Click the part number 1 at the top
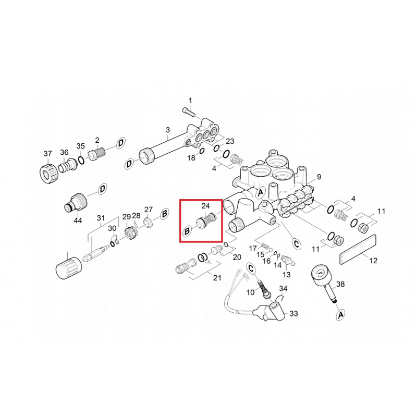(190, 100)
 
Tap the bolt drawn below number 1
(188, 111)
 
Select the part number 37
(47, 153)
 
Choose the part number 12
(373, 261)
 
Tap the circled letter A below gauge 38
(341, 314)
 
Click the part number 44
(78, 221)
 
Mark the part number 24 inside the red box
(205, 205)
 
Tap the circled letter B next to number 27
(164, 213)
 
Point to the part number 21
(217, 278)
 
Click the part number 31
(101, 218)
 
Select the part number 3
(168, 130)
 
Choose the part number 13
(286, 275)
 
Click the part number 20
(237, 257)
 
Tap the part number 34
(283, 288)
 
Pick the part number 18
(191, 157)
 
